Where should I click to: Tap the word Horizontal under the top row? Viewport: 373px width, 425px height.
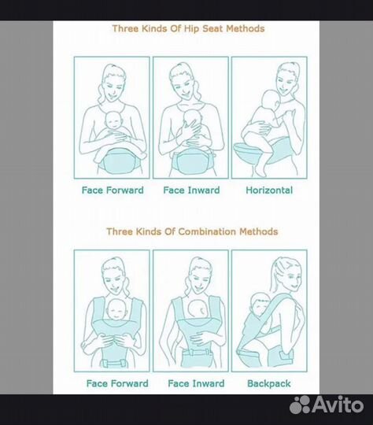[269, 190]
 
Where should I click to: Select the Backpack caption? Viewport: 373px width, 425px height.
[269, 383]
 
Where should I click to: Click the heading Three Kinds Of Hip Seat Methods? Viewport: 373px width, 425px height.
[188, 28]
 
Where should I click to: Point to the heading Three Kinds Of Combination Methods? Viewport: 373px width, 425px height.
[192, 231]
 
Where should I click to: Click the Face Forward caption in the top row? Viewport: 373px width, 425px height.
[113, 190]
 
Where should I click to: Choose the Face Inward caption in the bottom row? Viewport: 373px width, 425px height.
[196, 383]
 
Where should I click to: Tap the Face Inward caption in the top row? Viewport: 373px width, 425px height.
[191, 190]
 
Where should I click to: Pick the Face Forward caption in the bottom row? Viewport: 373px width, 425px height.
[117, 383]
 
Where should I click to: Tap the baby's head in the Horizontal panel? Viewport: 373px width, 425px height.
[269, 100]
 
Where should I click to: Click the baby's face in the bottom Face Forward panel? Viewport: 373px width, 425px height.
[116, 310]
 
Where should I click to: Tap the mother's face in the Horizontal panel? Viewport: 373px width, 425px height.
[286, 81]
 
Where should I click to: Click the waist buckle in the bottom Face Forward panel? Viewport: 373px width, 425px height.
[114, 363]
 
